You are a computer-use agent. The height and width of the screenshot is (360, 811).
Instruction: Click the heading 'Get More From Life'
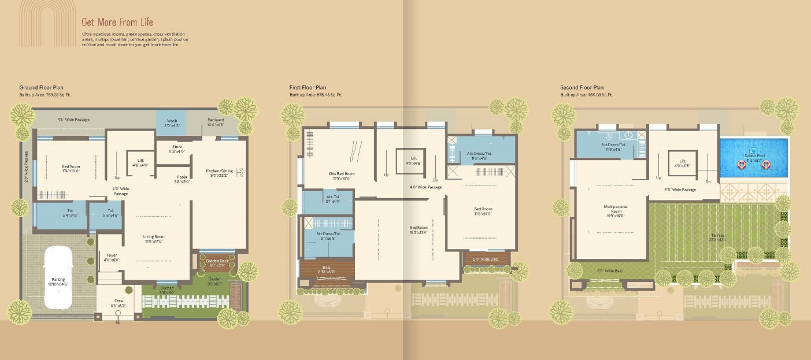pyautogui.click(x=117, y=22)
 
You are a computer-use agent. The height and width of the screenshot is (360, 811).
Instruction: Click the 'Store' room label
pyautogui.click(x=177, y=147)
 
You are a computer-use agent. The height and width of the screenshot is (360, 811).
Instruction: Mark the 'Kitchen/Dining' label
pyautogui.click(x=219, y=171)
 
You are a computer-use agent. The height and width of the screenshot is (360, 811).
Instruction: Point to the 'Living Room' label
pyautogui.click(x=154, y=236)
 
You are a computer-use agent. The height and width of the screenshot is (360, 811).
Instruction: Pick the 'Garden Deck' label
pyautogui.click(x=217, y=261)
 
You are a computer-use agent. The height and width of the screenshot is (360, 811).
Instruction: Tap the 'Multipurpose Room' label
pyautogui.click(x=616, y=210)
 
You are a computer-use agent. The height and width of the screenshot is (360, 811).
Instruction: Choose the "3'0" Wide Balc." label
pyautogui.click(x=610, y=270)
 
